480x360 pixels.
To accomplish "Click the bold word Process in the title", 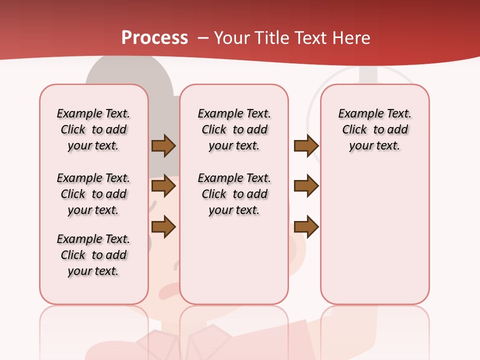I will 154,38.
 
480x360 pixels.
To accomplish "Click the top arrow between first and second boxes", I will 163,146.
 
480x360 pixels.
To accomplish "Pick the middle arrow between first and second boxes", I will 163,186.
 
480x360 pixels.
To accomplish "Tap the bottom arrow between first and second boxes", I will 163,226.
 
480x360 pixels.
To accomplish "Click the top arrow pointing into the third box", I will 306,146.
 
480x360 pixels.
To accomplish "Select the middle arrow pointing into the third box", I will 306,186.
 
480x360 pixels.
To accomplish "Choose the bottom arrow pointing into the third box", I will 306,226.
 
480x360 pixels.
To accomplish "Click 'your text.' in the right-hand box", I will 374,146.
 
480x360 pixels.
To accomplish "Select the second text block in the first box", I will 93,194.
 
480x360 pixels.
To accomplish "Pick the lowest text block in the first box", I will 93,255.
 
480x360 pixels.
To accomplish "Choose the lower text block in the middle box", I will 234,194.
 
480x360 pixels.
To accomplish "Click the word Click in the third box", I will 354,130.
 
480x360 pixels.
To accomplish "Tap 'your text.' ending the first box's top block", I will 93,146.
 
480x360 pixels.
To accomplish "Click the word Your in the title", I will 231,38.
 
